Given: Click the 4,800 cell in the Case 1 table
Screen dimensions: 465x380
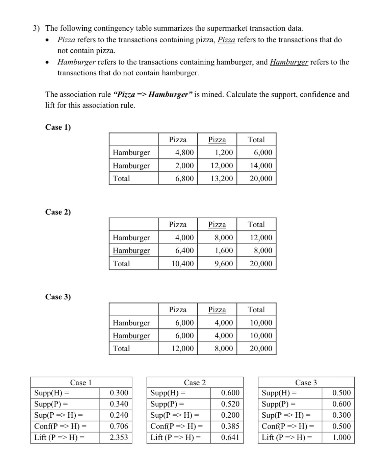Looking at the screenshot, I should click(x=184, y=152).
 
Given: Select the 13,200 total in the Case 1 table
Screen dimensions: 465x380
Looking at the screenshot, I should click(x=222, y=178).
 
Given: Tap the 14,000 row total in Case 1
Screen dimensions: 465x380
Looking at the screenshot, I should click(x=261, y=166).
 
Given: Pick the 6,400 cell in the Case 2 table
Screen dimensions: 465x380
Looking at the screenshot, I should click(x=184, y=250).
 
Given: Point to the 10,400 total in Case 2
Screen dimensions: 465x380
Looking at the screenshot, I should click(x=182, y=264).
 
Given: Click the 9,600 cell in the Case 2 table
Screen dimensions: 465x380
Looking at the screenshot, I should click(x=224, y=264).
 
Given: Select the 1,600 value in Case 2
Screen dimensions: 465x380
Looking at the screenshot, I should click(x=224, y=250).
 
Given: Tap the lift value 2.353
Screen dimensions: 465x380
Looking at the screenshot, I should click(x=119, y=437).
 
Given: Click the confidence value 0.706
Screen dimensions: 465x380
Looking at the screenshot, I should click(x=119, y=426).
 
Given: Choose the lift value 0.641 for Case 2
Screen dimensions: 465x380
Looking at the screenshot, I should click(x=230, y=437).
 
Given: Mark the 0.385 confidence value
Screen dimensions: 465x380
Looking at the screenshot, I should click(x=230, y=426).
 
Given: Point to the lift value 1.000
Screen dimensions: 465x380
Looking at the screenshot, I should click(x=341, y=437).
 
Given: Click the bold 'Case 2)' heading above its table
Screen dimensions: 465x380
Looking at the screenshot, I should click(x=58, y=212).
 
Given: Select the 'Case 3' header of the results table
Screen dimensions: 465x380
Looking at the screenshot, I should click(x=306, y=383).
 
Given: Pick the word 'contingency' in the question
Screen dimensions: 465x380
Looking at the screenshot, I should click(x=115, y=28).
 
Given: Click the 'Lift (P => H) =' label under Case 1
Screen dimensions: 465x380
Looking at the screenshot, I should click(x=59, y=437).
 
